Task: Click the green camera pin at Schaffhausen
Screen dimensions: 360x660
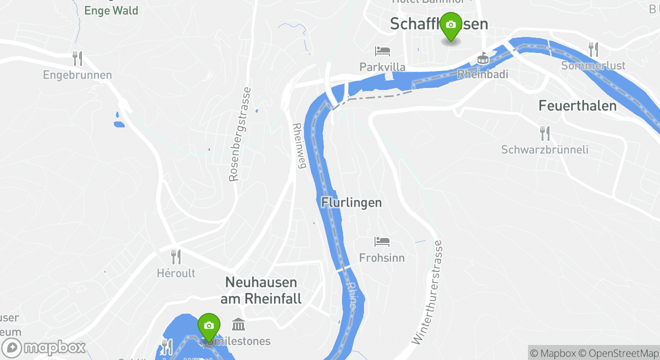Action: pos(450,25)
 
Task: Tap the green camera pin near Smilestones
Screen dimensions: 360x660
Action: pos(208,326)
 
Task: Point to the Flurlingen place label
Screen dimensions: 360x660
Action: pos(351,202)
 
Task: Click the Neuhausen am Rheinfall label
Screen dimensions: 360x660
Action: pos(261,290)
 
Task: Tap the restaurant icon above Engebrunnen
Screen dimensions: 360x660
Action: pos(77,58)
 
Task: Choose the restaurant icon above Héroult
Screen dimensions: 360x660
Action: pos(175,257)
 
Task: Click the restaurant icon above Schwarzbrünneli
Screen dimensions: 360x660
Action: pos(544,133)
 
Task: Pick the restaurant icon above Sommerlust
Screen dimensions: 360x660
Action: pos(593,49)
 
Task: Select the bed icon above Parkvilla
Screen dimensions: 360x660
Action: pos(382,51)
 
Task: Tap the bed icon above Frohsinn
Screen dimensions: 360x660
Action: pos(382,242)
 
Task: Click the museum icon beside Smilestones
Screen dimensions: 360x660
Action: pos(238,325)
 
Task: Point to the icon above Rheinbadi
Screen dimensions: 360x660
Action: pos(482,58)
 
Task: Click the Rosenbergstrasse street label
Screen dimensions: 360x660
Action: pos(241,134)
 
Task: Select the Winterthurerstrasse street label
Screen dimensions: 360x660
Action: pos(426,292)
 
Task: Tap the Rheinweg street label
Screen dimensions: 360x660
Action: pos(298,145)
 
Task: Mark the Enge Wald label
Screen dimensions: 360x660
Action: pos(111,10)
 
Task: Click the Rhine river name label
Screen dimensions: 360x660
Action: pos(351,295)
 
